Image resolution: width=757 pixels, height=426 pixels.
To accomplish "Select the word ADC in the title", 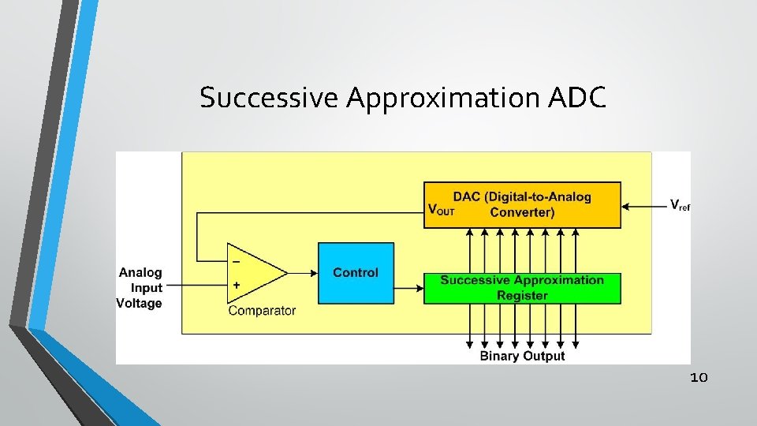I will coord(580,97).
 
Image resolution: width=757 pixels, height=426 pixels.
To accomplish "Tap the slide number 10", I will coord(699,378).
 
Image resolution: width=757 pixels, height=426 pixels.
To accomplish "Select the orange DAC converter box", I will coord(522,204).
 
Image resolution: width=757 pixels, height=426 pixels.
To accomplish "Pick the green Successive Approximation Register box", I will coord(522,288).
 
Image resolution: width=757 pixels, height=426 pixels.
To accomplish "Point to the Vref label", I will coord(680,205).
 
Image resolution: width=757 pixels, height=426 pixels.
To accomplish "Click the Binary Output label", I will coord(522,356).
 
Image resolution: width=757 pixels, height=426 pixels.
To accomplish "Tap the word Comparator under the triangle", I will coord(262,311).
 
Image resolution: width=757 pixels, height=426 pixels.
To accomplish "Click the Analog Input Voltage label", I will coord(140,288).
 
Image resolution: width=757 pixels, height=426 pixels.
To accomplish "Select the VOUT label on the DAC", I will coord(441,210).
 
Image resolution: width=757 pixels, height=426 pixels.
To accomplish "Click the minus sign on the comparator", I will coord(236,260).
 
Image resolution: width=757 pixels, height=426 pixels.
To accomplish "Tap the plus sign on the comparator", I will coord(236,285).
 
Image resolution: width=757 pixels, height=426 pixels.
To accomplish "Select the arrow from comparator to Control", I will coord(302,273).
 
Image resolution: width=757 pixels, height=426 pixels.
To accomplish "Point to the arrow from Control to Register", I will coord(408,289).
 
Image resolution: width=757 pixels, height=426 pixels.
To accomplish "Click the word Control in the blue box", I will coord(355,273).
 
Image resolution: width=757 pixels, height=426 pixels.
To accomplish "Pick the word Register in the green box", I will coord(522,296).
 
